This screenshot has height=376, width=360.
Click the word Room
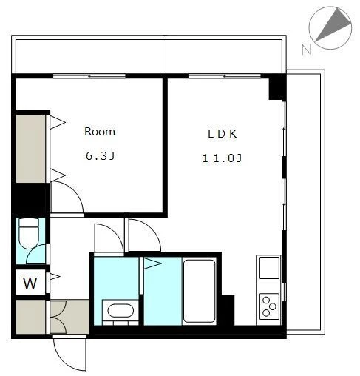100,132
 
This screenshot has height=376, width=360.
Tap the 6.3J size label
100,156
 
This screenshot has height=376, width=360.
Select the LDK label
223,134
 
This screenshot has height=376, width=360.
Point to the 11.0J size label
222,158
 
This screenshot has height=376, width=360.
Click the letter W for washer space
30,283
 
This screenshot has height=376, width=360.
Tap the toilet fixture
29,234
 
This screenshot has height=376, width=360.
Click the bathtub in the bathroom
199,291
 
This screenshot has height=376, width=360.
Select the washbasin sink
120,311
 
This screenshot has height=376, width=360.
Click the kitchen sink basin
269,268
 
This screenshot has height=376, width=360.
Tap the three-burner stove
269,306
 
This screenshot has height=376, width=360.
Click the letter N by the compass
307,50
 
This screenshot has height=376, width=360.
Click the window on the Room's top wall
89,75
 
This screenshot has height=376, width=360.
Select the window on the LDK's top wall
225,75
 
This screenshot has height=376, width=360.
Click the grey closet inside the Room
31,149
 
